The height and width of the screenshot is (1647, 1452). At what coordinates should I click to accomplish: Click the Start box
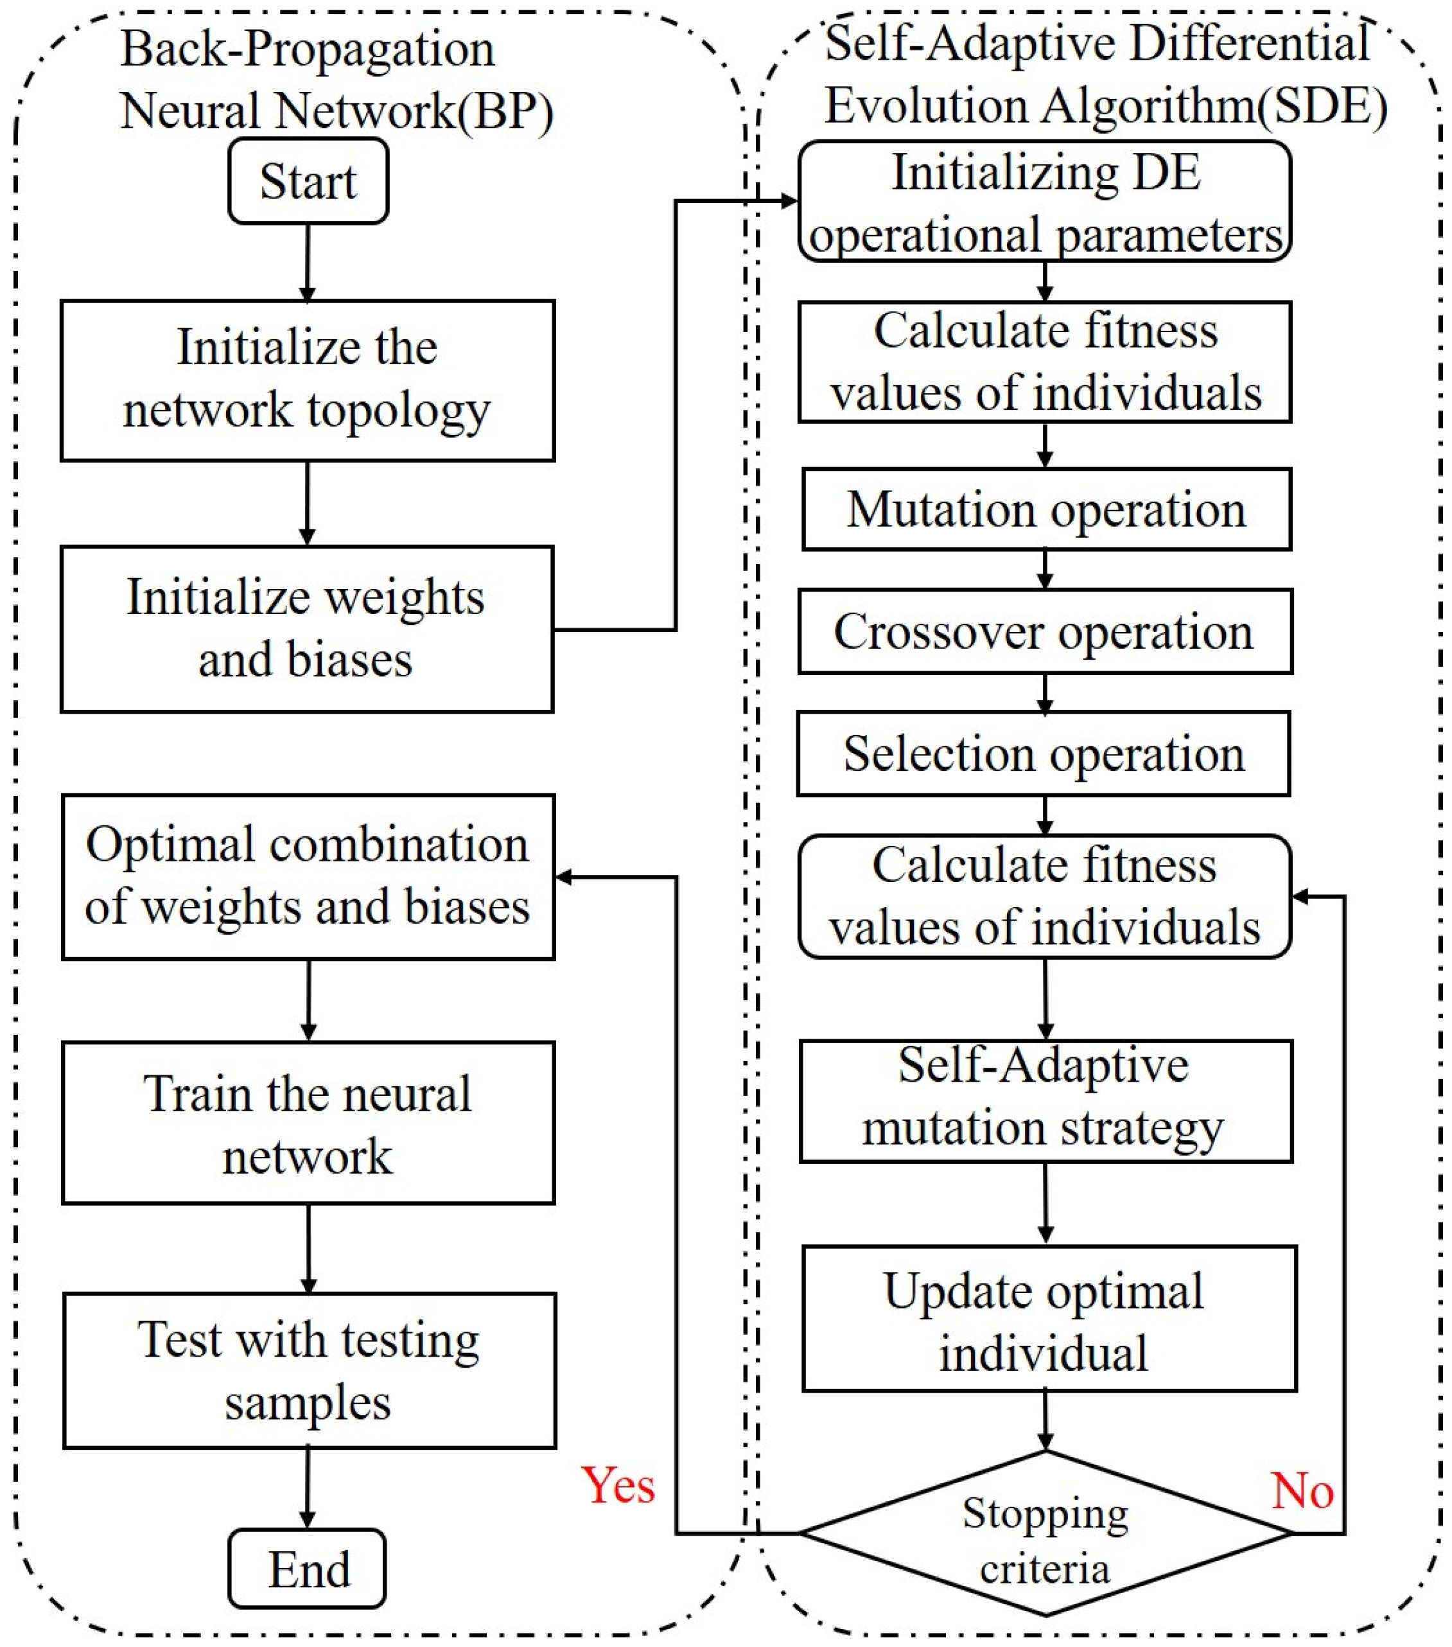308,181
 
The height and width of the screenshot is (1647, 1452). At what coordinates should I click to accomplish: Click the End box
308,1569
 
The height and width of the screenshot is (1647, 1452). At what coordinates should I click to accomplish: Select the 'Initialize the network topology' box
308,380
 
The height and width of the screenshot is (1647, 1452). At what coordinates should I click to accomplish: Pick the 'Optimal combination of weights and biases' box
308,877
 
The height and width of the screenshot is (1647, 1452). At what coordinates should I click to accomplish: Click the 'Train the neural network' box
308,1124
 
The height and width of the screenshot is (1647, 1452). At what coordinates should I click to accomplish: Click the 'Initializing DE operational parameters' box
1044,202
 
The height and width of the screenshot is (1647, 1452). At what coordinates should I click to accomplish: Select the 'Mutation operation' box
1046,509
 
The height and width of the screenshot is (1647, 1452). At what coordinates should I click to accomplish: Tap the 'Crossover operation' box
1044,631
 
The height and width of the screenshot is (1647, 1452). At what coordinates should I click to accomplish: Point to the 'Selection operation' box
1044,754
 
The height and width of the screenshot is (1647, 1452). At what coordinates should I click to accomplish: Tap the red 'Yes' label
618,1485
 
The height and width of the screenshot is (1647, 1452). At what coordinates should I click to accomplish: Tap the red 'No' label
1302,1491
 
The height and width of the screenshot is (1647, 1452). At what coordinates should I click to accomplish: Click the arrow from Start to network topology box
308,263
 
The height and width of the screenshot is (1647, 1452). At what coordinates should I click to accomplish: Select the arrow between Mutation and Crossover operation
1045,569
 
